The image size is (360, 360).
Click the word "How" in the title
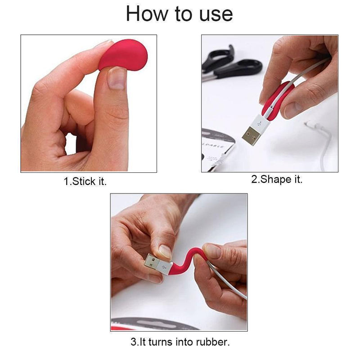pyautogui.click(x=147, y=14)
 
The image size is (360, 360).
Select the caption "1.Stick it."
pyautogui.click(x=85, y=181)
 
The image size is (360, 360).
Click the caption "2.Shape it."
pyautogui.click(x=277, y=179)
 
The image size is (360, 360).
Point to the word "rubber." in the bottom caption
pyautogui.click(x=213, y=342)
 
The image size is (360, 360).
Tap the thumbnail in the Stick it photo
pyautogui.click(x=117, y=78)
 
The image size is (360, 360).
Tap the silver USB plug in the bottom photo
pyautogui.click(x=152, y=262)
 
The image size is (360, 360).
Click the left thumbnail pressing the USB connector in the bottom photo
pyautogui.click(x=165, y=252)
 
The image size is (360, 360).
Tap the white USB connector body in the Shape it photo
pyautogui.click(x=261, y=123)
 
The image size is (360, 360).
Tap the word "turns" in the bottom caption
pyautogui.click(x=161, y=342)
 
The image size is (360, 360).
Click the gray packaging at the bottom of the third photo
pyautogui.click(x=154, y=324)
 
